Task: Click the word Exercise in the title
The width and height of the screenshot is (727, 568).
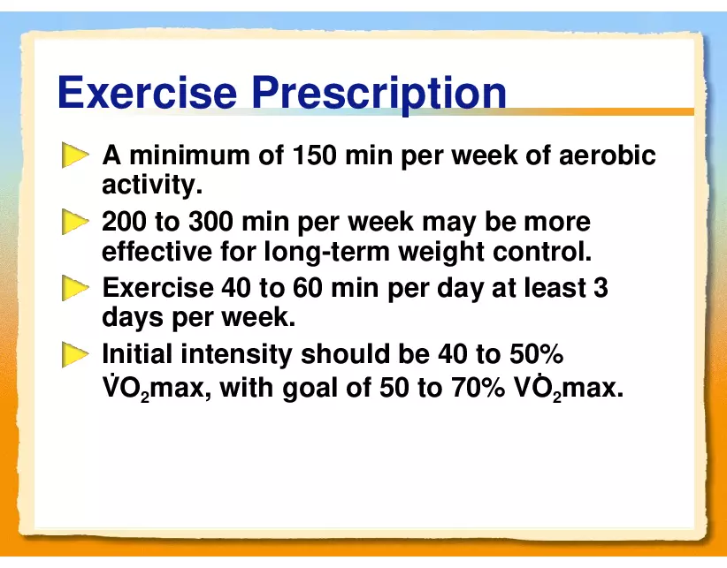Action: click(148, 92)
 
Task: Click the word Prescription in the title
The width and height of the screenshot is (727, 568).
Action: click(379, 95)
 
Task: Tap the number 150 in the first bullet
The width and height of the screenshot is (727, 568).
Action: click(314, 155)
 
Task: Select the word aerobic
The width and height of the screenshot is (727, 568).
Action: click(607, 155)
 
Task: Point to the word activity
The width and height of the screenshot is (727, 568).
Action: click(152, 186)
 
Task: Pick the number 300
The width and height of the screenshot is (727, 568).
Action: click(211, 221)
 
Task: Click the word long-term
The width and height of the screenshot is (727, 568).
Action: click(328, 252)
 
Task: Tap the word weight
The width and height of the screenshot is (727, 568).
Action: click(442, 253)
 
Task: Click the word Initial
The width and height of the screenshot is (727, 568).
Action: click(137, 354)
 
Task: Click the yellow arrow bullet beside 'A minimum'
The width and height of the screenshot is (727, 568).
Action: click(75, 155)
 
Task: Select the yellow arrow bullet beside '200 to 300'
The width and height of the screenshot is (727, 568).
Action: click(75, 223)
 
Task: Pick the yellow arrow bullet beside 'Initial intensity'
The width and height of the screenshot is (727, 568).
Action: click(75, 355)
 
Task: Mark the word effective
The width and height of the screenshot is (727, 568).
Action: click(157, 252)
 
